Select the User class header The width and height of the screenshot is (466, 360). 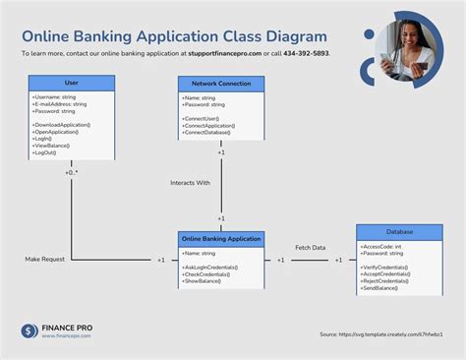point(71,84)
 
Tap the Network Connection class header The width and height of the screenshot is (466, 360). point(220,84)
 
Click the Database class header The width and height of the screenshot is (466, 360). point(399,231)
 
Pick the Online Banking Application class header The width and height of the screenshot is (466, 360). point(220,239)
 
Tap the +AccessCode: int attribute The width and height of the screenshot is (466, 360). point(382,246)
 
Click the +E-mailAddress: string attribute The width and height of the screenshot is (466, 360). point(59,104)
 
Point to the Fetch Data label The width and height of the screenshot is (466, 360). point(311,247)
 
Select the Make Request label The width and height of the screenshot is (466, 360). point(45,260)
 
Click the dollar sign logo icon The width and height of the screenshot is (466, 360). point(29,330)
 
